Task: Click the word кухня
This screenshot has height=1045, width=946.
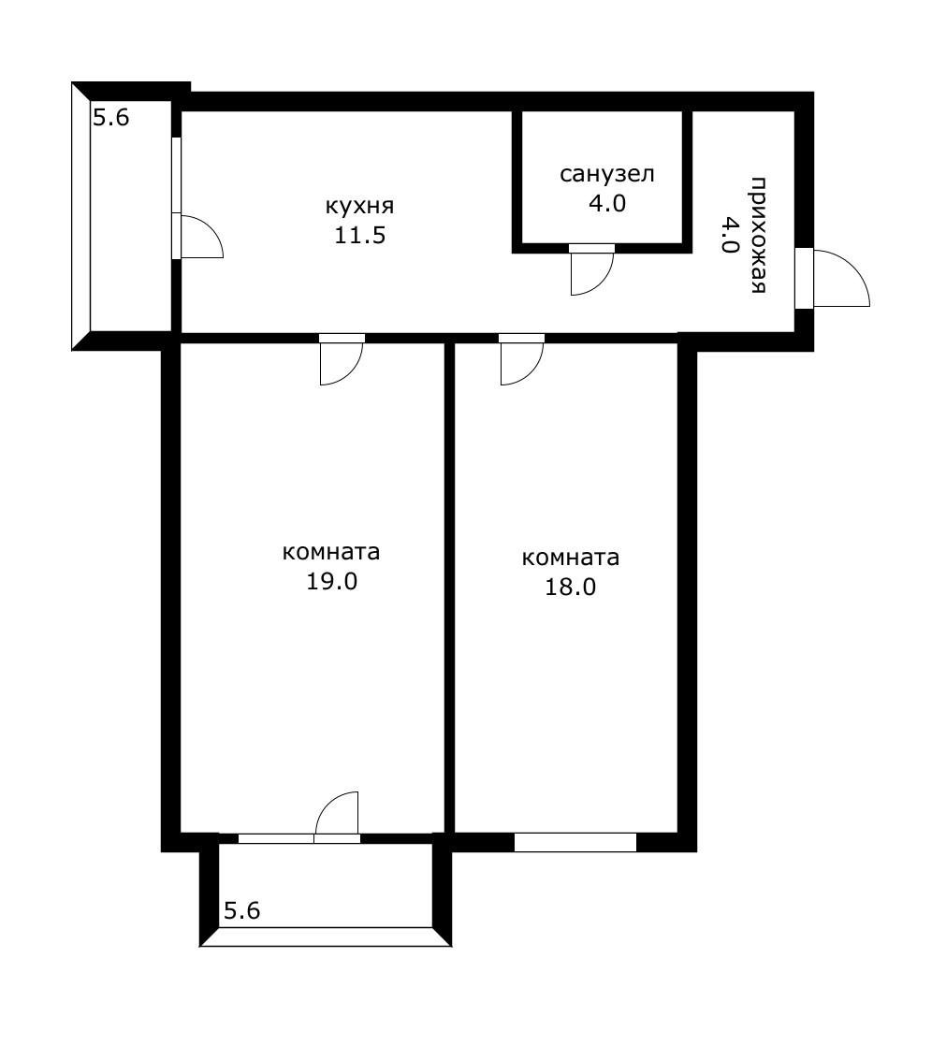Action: (359, 206)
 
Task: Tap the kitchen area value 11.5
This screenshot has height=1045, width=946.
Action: (360, 235)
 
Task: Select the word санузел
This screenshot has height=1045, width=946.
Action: (606, 175)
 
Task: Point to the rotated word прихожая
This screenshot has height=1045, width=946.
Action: (757, 235)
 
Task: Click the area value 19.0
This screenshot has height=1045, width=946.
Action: (331, 581)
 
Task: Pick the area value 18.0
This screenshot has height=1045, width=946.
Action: (571, 588)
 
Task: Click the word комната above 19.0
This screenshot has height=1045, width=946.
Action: (331, 553)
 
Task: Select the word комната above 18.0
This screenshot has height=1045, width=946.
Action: (571, 558)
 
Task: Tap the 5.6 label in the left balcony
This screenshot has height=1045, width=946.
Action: (110, 118)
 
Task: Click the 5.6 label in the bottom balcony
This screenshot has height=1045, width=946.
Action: (242, 909)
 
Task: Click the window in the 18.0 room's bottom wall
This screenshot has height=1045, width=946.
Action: (575, 842)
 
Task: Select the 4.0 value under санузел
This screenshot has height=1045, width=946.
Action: (606, 203)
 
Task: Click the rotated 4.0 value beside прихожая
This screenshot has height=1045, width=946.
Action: (729, 235)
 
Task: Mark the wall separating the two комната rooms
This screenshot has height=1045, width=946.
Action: (449, 588)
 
